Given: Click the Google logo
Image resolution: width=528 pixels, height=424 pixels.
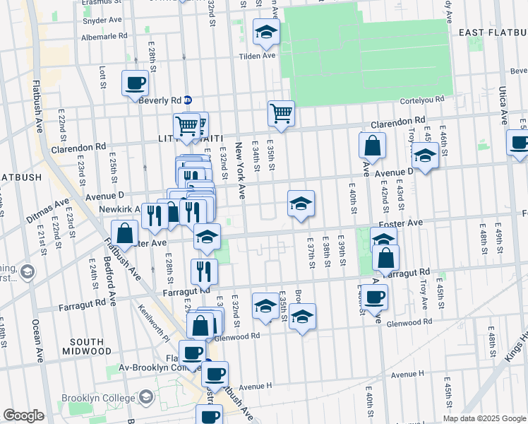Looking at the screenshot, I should [x=23, y=416].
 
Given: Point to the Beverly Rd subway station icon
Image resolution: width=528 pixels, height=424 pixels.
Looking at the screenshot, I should [x=188, y=100].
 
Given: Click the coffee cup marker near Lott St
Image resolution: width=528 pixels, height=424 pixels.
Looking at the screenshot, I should [x=135, y=83].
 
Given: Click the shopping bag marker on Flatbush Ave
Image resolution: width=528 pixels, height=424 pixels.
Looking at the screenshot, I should [x=124, y=233].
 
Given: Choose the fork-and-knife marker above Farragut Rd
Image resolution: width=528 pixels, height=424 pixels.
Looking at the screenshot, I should [x=204, y=270].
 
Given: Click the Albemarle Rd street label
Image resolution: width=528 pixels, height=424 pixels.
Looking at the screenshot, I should [x=104, y=35].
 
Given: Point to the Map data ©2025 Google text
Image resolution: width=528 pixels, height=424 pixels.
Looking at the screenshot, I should [x=484, y=418].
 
